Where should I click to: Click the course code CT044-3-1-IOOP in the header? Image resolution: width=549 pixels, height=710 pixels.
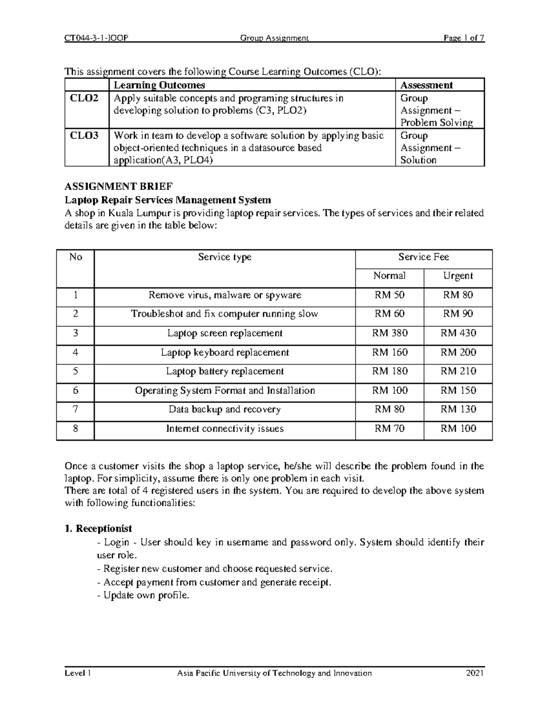[96, 38]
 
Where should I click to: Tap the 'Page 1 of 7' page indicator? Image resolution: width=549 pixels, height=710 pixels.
[463, 38]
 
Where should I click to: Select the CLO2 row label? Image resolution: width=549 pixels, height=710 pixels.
[84, 98]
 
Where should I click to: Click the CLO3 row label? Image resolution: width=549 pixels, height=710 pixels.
[84, 136]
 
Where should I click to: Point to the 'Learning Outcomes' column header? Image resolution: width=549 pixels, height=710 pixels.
[159, 85]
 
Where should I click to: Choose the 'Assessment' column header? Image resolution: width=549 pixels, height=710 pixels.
[426, 85]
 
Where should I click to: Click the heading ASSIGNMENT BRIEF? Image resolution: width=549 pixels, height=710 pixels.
[118, 187]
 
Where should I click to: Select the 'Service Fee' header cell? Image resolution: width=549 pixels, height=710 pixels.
[423, 257]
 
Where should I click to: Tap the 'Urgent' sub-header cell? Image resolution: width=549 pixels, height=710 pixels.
[457, 276]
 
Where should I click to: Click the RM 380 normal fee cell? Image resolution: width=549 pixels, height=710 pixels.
[389, 333]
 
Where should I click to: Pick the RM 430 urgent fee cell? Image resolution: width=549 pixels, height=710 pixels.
[458, 333]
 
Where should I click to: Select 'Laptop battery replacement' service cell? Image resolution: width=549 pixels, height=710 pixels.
[225, 372]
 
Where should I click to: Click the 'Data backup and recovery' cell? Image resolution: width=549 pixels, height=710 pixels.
[225, 410]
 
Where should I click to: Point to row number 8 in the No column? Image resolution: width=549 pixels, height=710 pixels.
[75, 429]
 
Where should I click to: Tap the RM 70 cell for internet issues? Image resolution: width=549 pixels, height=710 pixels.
[389, 429]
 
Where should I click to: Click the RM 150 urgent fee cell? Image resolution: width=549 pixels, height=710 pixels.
[458, 391]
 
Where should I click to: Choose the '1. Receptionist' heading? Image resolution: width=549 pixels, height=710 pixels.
[98, 529]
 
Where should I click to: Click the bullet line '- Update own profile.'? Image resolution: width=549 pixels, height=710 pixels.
[143, 596]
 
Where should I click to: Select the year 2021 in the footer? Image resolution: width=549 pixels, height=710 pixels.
[475, 673]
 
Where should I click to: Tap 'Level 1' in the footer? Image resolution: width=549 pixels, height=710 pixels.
[78, 673]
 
